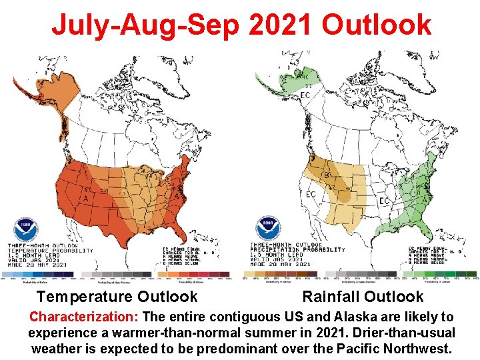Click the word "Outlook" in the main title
[x=376, y=25]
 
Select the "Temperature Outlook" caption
[x=117, y=297]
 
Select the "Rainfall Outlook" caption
[x=363, y=297]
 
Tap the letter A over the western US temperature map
[x=85, y=198]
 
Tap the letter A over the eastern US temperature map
[x=176, y=195]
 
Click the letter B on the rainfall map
[x=326, y=175]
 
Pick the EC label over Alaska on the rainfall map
[x=305, y=96]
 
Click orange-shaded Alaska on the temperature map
[x=63, y=93]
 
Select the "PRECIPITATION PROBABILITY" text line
[x=297, y=250]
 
